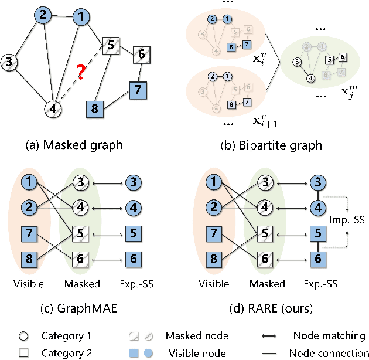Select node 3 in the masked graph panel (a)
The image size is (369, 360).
[10, 61]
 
